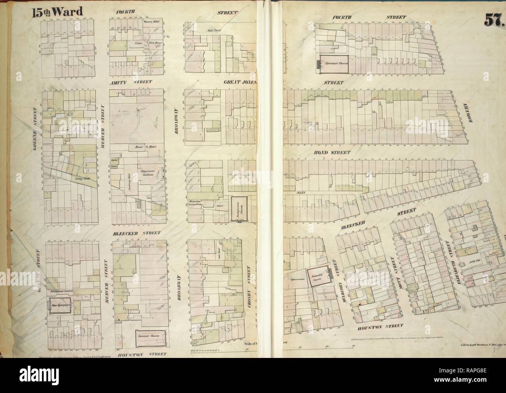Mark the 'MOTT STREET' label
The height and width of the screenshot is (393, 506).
click(393, 269)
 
